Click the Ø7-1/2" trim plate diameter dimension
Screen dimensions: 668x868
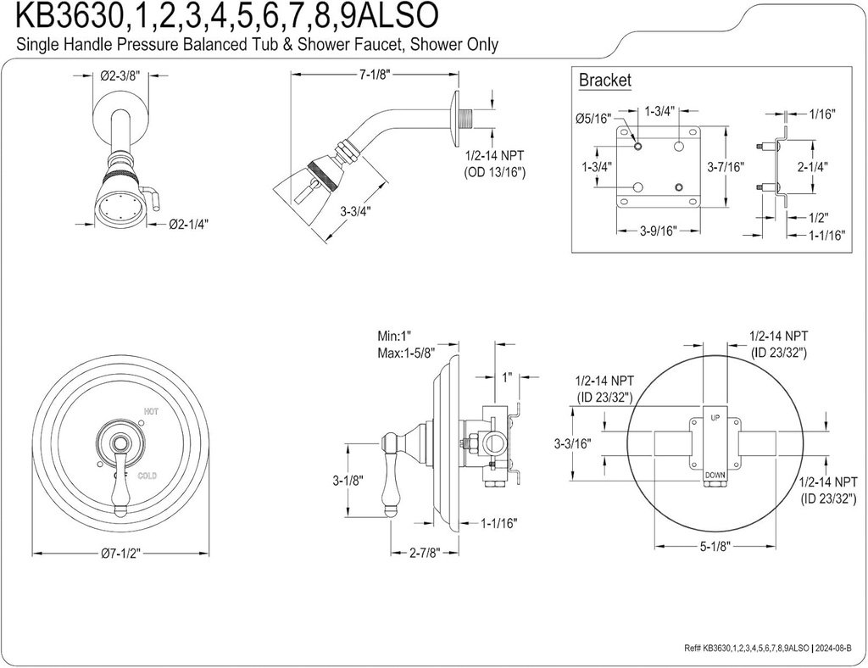point(120,554)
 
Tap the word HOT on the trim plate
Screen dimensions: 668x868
point(151,412)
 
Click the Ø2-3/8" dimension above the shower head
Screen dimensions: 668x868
point(120,75)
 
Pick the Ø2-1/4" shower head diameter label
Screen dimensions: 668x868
point(188,224)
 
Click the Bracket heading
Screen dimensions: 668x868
point(604,81)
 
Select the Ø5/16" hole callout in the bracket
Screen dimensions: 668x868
point(592,119)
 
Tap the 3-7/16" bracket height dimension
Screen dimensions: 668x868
point(726,166)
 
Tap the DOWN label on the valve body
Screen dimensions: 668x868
point(715,476)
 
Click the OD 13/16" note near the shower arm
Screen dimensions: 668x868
point(495,172)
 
